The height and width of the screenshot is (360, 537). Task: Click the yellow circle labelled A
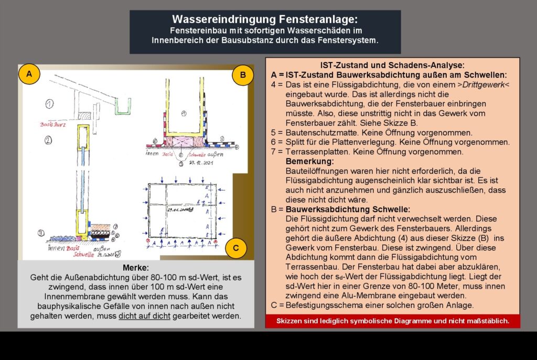coord(29,75)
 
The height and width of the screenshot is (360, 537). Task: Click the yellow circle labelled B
coord(243,75)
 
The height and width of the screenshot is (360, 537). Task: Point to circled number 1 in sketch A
coord(49,103)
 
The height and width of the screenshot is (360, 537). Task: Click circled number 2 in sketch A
coord(48,140)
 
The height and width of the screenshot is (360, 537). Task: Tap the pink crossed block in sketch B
coord(182,141)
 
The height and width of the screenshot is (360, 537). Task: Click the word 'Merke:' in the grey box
coord(135,267)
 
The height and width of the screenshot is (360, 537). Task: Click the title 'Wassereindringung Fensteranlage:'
coord(265,19)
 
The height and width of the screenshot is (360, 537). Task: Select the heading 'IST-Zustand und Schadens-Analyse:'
coord(392,66)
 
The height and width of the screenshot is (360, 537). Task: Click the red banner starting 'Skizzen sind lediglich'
coord(392,321)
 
